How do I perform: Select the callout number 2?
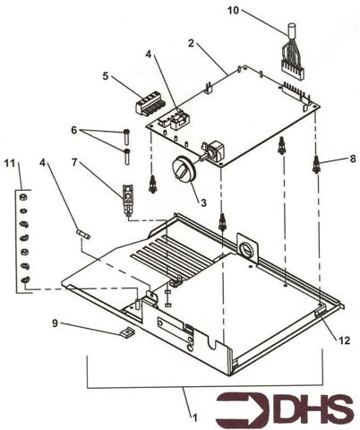191,42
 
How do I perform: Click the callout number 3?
203,203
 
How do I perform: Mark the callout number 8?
352,158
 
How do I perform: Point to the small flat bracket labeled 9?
126,332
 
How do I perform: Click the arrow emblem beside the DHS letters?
234,408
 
